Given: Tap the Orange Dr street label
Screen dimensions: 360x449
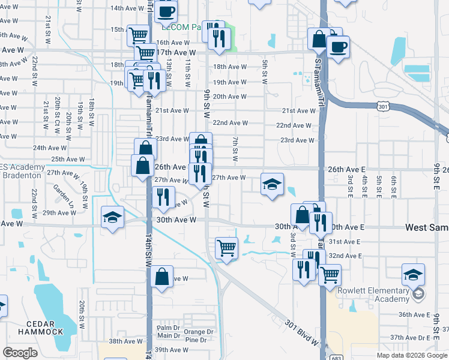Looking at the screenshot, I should coord(199,332).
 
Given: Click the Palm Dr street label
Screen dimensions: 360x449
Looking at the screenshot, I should coord(168,328).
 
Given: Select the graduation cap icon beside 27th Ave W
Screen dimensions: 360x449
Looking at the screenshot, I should coord(271,184).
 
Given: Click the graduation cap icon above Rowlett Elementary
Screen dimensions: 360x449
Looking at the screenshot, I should coord(412,274).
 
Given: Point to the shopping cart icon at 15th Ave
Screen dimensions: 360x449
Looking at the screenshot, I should coord(138,35).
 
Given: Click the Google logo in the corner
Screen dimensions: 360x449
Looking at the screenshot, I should coord(20,353).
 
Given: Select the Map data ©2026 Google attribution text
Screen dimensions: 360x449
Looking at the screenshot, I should coord(411,355).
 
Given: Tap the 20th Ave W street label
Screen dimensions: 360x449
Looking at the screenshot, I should coord(229,97).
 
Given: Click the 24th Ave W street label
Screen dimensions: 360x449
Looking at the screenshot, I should coord(48,148).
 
